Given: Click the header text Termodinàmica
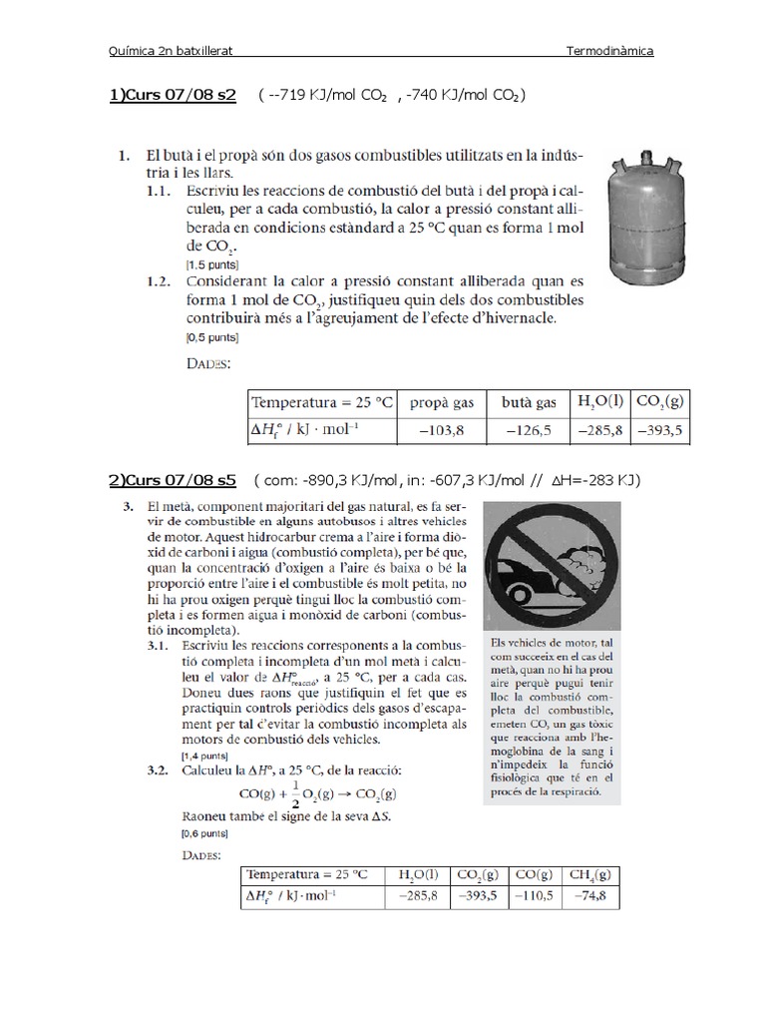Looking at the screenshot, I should [609, 50].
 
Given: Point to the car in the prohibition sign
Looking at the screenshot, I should [528, 583].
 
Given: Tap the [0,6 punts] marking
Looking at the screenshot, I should [202, 831].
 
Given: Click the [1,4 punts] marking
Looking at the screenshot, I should [202, 757].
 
